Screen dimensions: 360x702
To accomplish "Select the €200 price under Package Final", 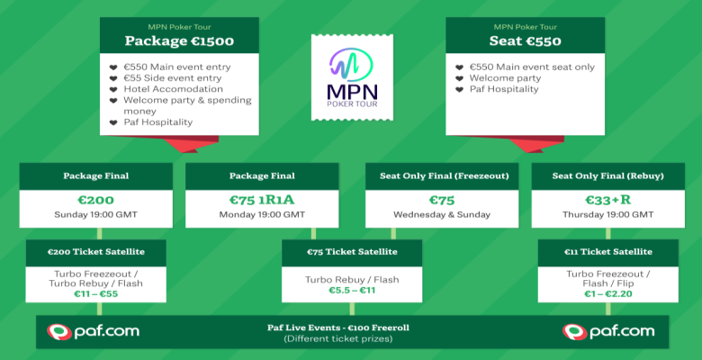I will pyautogui.click(x=94, y=199).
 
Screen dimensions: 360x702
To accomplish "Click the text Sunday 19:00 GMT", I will pyautogui.click(x=94, y=215).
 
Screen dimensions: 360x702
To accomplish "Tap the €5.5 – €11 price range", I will pyautogui.click(x=351, y=291).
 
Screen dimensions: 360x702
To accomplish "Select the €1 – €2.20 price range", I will pyautogui.click(x=607, y=293).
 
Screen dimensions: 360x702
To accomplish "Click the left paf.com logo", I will pyautogui.click(x=94, y=331).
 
